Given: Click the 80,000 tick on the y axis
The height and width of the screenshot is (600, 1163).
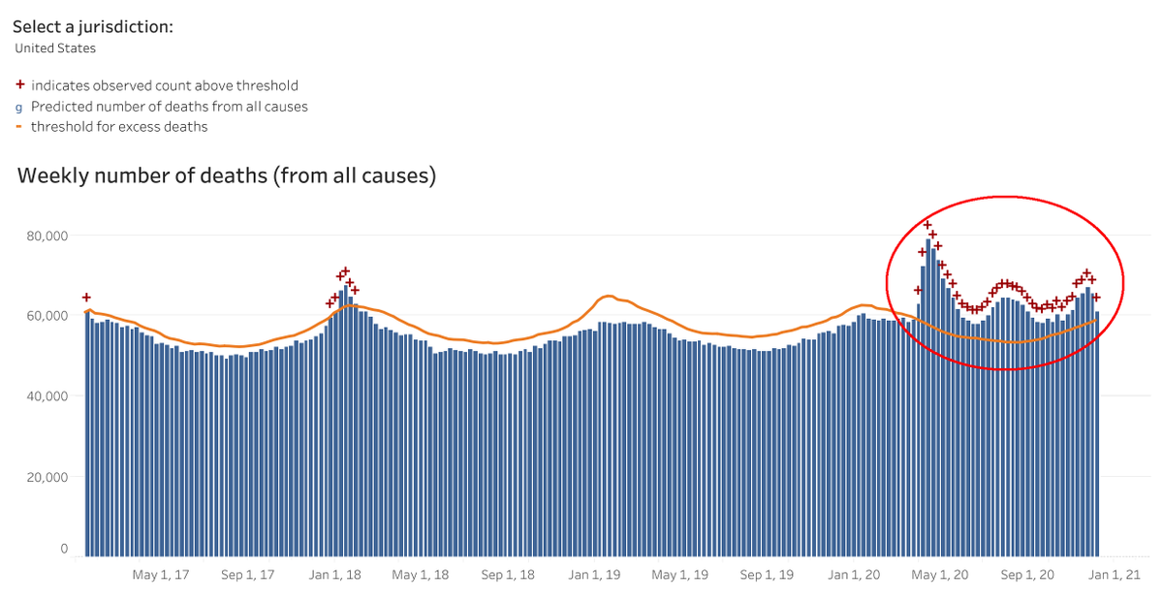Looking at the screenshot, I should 48,236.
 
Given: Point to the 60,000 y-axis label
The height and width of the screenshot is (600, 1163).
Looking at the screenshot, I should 48,316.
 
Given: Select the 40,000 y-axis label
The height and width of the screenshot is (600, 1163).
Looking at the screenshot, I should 48,396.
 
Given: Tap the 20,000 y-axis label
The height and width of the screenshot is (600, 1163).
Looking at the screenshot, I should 48,477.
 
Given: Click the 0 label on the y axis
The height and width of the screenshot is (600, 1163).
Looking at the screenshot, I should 64,550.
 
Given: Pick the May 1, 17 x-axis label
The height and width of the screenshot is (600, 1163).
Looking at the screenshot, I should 160,575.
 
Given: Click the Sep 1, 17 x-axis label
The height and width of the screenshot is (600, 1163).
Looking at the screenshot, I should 248,575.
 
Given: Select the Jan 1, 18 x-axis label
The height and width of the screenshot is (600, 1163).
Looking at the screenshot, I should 334,575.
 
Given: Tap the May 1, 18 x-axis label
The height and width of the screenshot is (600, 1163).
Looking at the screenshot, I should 420,575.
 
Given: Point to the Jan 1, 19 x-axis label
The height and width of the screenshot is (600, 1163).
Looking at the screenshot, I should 594,575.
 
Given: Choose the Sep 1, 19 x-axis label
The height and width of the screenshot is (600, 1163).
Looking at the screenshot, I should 768,575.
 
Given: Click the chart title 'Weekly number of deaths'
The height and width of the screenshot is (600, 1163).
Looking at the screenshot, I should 227,176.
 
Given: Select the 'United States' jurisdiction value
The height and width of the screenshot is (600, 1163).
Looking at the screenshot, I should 55,47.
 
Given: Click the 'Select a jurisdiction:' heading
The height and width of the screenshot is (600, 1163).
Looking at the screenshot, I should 93,26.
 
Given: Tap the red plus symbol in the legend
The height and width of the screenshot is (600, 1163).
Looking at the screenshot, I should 19,85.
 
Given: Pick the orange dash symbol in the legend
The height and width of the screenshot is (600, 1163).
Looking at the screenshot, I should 19,127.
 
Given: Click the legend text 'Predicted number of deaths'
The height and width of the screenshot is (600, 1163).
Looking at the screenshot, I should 169,107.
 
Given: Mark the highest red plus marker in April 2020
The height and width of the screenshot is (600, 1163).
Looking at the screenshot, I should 927,225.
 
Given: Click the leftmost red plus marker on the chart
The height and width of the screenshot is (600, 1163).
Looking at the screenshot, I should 86,298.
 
